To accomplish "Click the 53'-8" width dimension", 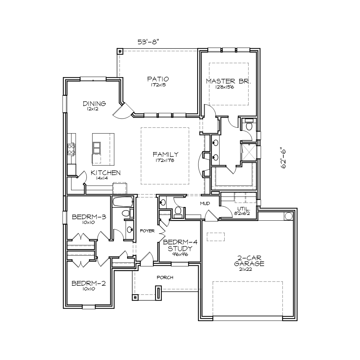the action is tap(148, 42).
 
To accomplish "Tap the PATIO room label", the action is tap(158, 79).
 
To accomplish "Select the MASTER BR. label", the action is tap(229, 81).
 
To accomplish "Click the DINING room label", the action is tap(94, 104).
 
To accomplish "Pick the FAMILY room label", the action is tap(166, 154).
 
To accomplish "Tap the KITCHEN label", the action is tap(105, 173).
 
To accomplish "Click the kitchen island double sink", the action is tap(96, 148).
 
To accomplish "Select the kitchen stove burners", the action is tap(71, 149).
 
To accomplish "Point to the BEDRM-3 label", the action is tap(89, 217).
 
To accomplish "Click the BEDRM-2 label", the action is tap(89, 284).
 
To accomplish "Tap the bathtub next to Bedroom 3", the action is tap(123, 202).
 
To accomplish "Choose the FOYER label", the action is tap(147, 231).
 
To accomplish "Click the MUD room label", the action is tap(205, 203).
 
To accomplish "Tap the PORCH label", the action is tap(165, 278).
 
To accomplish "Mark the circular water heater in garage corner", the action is tap(288, 216).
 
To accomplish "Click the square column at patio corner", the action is tap(120, 51).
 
